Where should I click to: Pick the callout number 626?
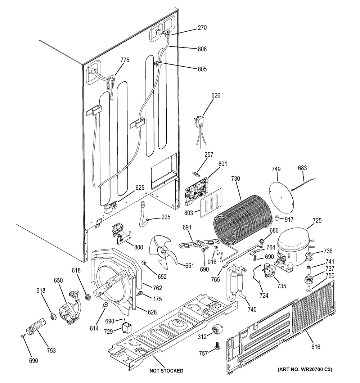(216, 95)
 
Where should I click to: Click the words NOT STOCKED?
(166, 370)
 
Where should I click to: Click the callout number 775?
(125, 60)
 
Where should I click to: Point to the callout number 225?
(166, 217)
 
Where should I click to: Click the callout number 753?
(52, 351)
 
